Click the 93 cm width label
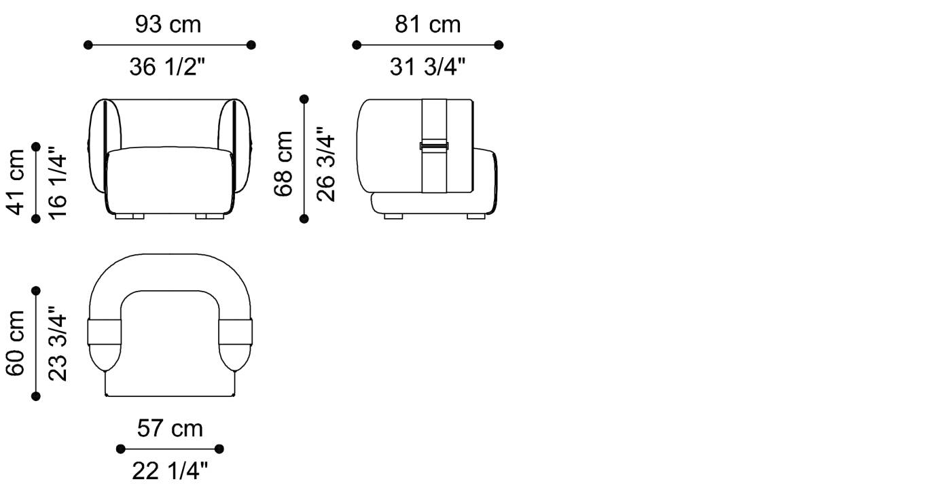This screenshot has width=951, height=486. pyautogui.click(x=168, y=24)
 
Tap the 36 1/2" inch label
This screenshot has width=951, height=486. pyautogui.click(x=167, y=67)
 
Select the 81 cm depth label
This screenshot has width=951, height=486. pyautogui.click(x=427, y=24)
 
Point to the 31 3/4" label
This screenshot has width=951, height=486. pyautogui.click(x=427, y=67)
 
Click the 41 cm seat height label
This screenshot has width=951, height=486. pyautogui.click(x=15, y=182)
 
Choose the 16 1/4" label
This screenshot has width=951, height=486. pyautogui.click(x=58, y=183)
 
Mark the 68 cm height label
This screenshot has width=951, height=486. pyautogui.click(x=283, y=164)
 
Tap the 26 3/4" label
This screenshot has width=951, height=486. pyautogui.click(x=325, y=164)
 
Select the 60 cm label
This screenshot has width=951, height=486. pyautogui.click(x=15, y=343)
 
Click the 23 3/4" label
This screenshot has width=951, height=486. pyautogui.click(x=58, y=343)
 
